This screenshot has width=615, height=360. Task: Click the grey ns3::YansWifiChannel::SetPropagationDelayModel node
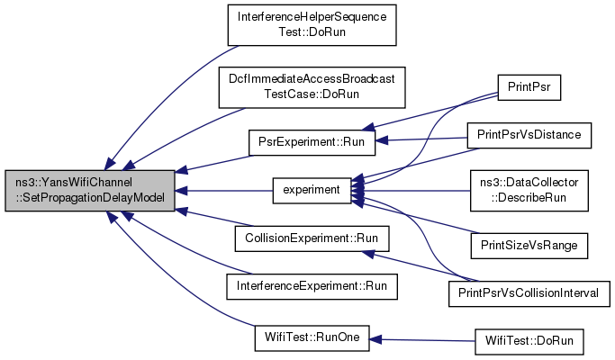(90, 191)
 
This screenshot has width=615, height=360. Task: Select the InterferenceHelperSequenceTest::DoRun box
(312, 25)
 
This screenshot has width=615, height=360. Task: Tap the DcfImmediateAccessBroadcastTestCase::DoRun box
(312, 87)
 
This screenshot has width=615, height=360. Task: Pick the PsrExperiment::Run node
(312, 142)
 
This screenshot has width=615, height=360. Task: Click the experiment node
(312, 191)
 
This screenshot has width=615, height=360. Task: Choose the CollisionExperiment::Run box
(312, 238)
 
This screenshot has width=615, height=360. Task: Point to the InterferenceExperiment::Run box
(312, 287)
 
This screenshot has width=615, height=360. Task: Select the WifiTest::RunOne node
(312, 338)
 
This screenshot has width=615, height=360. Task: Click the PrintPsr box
(529, 87)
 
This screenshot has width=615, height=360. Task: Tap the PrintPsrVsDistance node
(529, 136)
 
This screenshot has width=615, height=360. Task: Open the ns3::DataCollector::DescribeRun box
(529, 191)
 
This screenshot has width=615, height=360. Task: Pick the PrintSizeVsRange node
(529, 246)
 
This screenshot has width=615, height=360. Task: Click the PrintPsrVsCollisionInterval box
(529, 293)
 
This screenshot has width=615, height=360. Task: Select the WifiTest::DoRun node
(529, 342)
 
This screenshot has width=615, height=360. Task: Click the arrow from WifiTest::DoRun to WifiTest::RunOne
(422, 340)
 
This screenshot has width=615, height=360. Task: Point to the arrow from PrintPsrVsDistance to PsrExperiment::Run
(421, 139)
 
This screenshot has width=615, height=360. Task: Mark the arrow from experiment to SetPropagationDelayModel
(224, 191)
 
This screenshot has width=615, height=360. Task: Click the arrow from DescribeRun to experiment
(411, 191)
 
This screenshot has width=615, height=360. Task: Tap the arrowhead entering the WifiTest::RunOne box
(375, 339)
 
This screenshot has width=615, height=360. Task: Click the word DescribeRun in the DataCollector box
(529, 198)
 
